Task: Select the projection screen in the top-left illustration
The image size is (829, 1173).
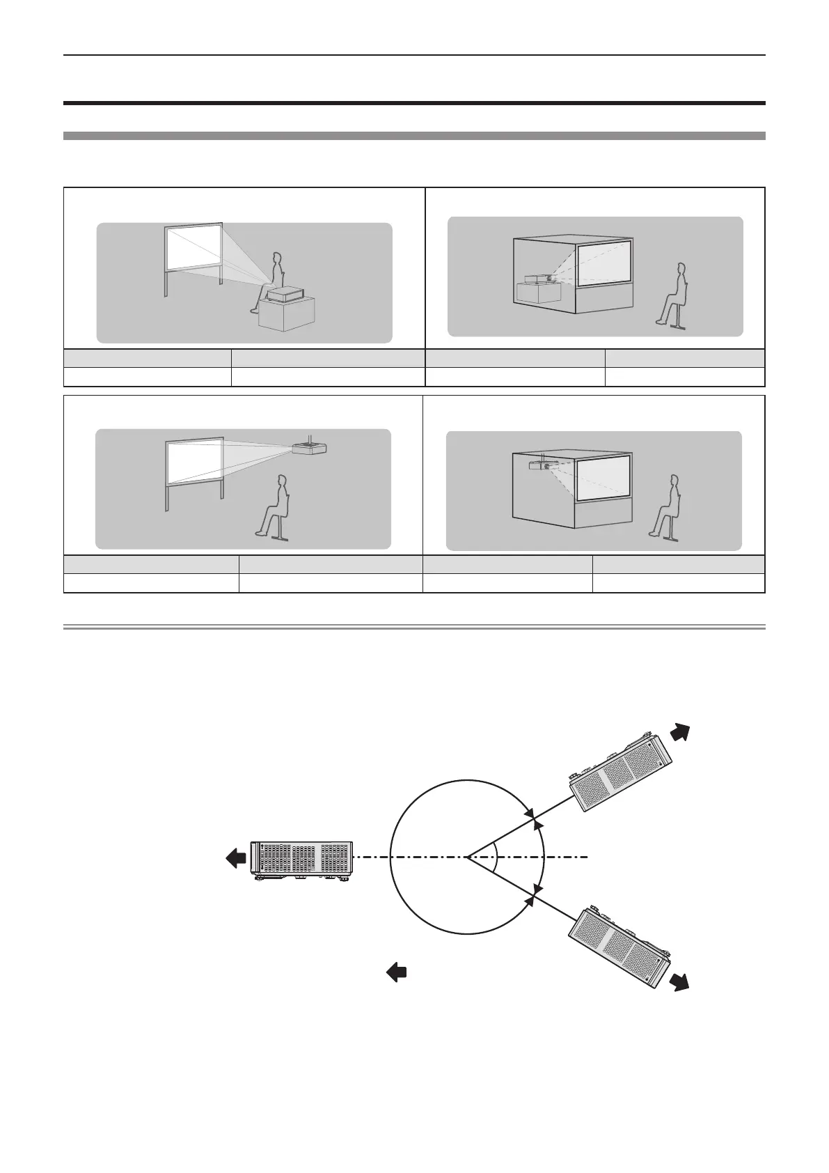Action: click(193, 254)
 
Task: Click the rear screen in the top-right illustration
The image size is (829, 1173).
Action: click(603, 262)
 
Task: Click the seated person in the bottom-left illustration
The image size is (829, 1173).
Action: click(274, 506)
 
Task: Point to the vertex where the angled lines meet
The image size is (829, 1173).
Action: click(468, 856)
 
